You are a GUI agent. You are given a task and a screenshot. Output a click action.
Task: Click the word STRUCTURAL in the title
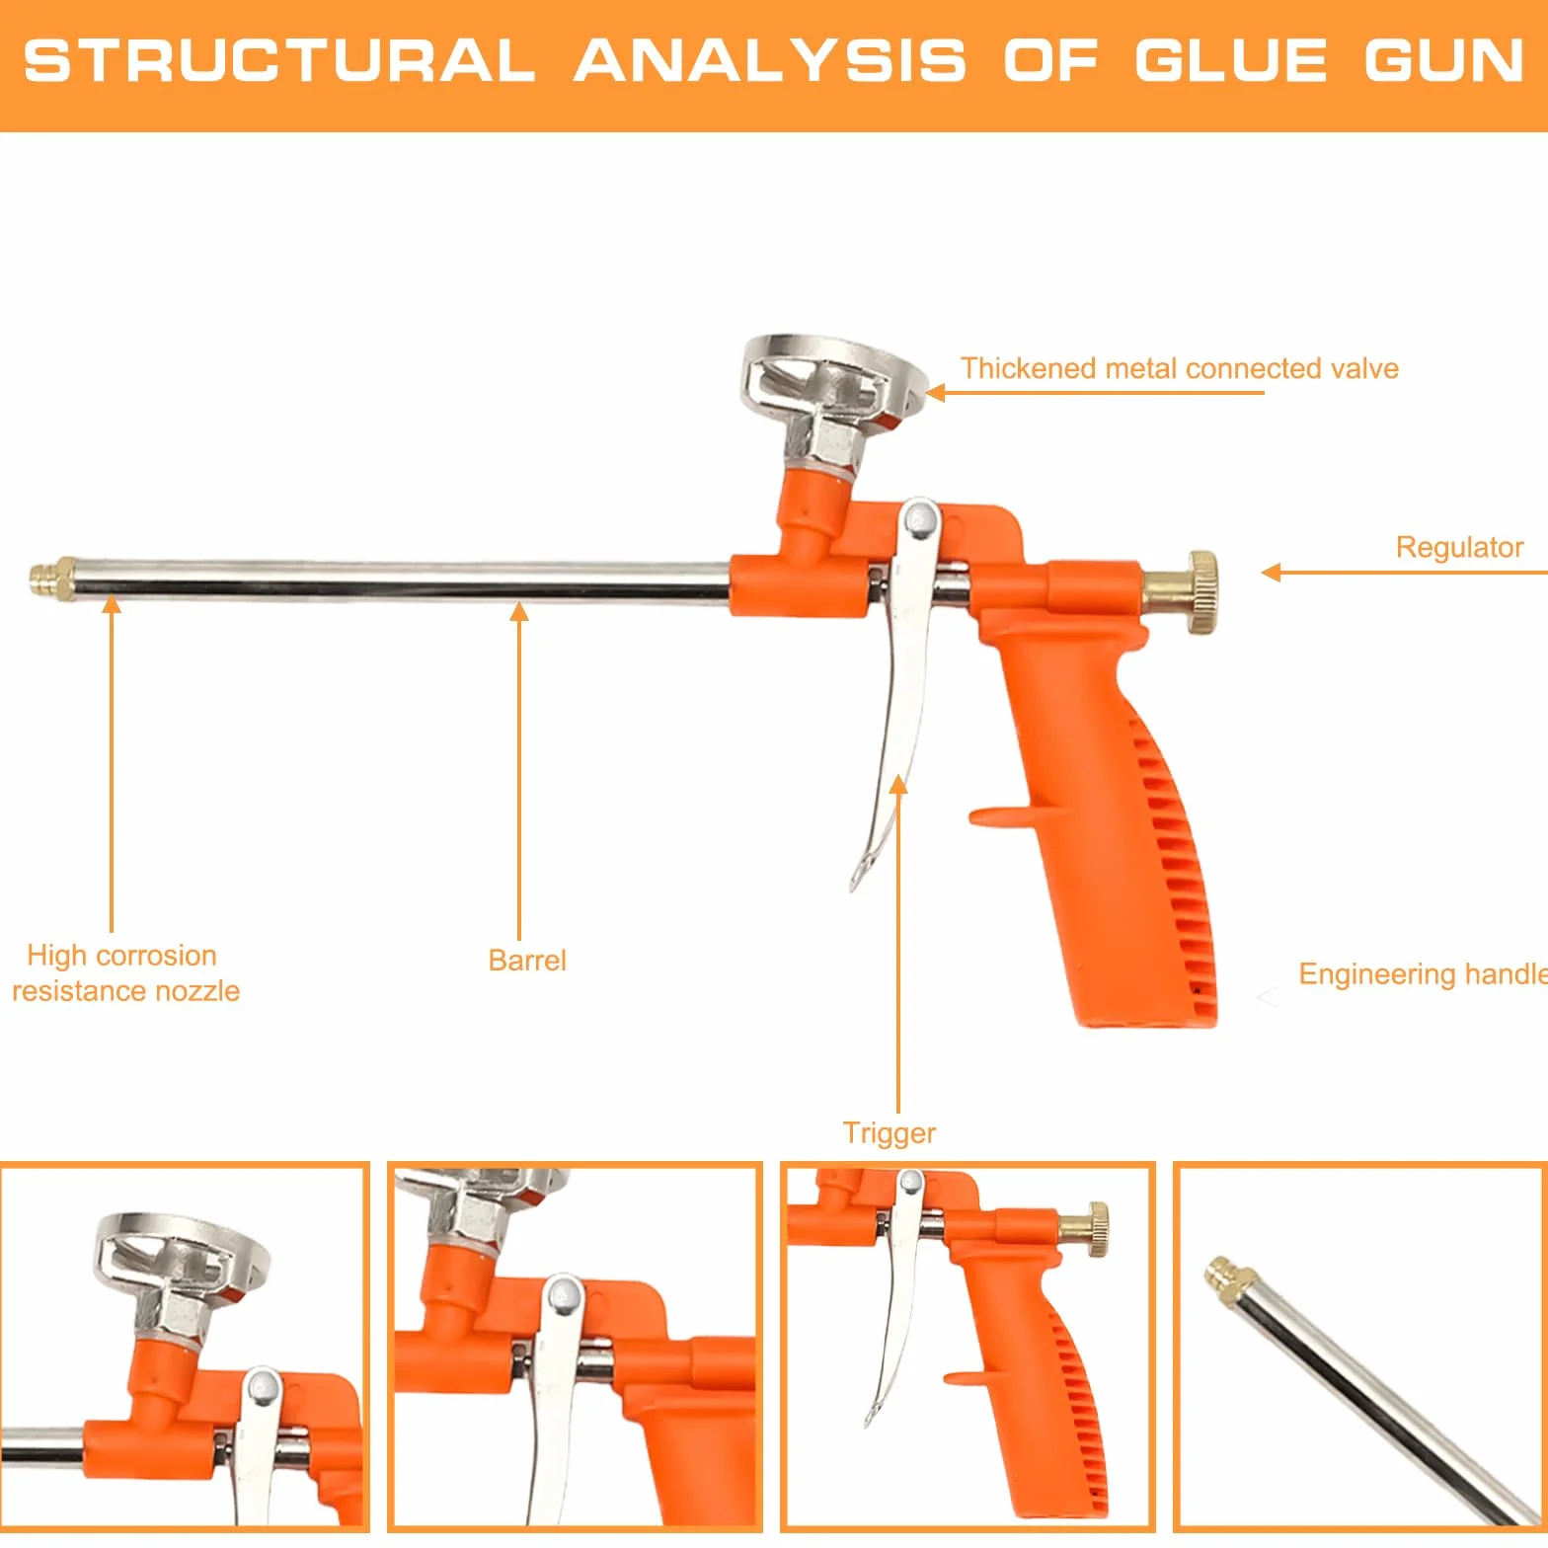click(279, 60)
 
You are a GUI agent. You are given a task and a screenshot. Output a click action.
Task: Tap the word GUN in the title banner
click(1444, 60)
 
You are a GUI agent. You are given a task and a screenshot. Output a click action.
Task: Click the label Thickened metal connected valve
click(1180, 368)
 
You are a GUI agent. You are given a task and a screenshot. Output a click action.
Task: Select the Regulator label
click(1459, 547)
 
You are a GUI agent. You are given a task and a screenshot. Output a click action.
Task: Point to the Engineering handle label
click(1423, 974)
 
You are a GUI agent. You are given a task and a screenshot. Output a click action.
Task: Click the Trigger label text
click(889, 1133)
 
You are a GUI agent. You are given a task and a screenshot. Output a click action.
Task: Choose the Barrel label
click(527, 961)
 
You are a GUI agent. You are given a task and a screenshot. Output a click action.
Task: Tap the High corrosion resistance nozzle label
click(125, 973)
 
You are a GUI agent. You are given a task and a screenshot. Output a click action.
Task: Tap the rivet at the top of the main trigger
click(921, 518)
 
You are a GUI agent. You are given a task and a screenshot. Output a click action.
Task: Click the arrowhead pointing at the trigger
click(898, 785)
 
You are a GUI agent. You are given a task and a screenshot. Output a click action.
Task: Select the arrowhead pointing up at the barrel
click(519, 612)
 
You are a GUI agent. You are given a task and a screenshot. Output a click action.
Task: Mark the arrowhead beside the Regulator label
click(1272, 573)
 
